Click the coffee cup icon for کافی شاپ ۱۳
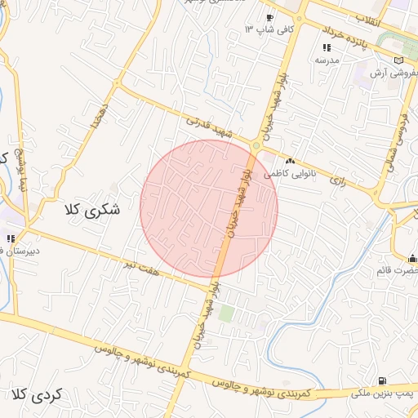pyautogui.click(x=269, y=18)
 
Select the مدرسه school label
pyautogui.click(x=327, y=60)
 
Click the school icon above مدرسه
pyautogui.click(x=327, y=48)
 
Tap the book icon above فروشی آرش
pyautogui.click(x=398, y=60)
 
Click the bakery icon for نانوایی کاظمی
pyautogui.click(x=290, y=162)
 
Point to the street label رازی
pyautogui.click(x=338, y=180)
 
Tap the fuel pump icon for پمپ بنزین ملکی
pyautogui.click(x=382, y=380)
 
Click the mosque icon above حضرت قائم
pyautogui.click(x=411, y=259)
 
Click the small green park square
pyautogui.click(x=226, y=313)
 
